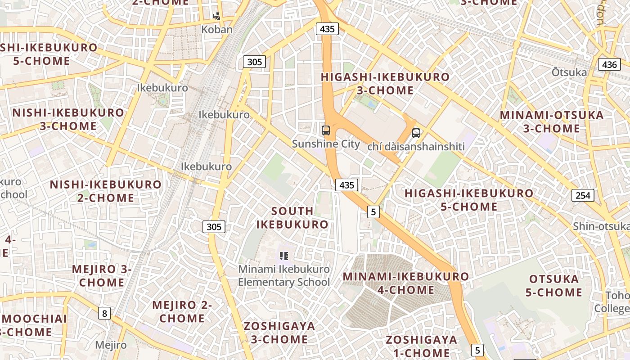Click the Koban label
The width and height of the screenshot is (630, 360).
point(217,30)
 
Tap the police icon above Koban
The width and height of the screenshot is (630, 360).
point(217,16)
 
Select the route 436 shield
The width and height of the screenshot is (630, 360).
point(609,64)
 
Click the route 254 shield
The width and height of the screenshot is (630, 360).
point(583,195)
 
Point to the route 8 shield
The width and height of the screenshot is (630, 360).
point(104,313)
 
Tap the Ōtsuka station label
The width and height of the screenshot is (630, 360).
point(569,72)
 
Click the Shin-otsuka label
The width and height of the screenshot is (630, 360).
point(601,226)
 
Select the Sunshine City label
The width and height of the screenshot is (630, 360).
point(326,144)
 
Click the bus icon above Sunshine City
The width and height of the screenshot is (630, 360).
point(326,130)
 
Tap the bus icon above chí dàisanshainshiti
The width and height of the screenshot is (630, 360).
point(416,133)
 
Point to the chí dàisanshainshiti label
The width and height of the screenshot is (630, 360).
point(416,147)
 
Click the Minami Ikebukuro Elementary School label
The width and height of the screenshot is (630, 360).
point(284,276)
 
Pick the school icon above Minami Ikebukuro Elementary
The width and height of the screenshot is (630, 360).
point(284,256)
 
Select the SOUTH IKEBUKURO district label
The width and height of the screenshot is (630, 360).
point(292,218)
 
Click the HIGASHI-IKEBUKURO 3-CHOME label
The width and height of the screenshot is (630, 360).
point(385,84)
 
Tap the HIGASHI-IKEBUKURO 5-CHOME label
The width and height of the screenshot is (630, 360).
point(469,200)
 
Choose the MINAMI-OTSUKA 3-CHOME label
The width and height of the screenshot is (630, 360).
point(552,122)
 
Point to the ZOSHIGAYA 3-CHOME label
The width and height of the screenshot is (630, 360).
point(279,333)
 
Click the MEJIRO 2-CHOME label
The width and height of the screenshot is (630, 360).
point(182,312)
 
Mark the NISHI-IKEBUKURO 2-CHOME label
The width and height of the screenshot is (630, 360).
point(105,191)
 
